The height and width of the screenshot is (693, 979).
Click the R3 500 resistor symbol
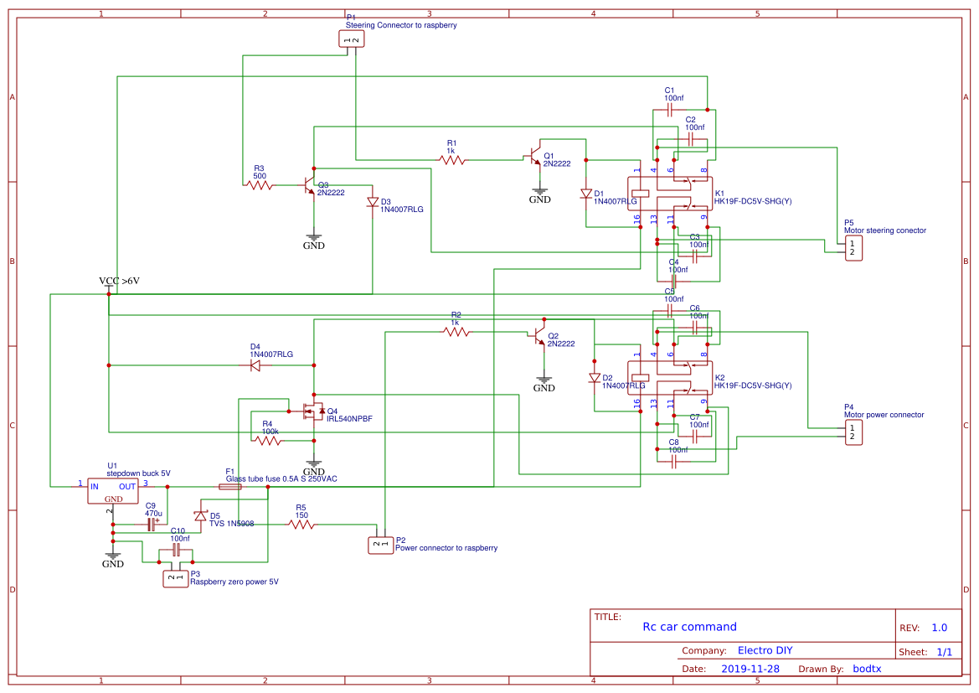click(x=260, y=185)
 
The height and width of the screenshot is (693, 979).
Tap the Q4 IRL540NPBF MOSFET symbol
click(x=313, y=411)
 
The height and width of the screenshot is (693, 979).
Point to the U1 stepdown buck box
click(x=112, y=491)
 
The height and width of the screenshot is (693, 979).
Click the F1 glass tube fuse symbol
click(x=229, y=487)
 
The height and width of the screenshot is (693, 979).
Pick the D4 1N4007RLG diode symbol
click(x=255, y=365)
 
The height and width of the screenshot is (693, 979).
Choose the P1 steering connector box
click(x=352, y=39)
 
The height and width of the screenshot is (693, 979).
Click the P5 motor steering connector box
click(x=853, y=248)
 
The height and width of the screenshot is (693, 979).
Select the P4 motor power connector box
click(x=853, y=432)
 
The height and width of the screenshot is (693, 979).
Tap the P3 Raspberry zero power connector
click(x=175, y=577)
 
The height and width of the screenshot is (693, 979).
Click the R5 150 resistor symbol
click(x=301, y=525)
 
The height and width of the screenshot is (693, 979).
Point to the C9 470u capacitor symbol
click(x=152, y=525)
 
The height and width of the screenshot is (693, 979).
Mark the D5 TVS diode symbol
click(x=200, y=515)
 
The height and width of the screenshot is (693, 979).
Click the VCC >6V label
click(x=119, y=282)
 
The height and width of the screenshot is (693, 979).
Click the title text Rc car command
click(x=689, y=627)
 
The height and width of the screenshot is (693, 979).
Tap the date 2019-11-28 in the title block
click(x=750, y=669)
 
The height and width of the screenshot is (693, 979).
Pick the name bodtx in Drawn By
click(x=867, y=669)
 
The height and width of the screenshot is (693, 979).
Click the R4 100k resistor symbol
click(x=268, y=441)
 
